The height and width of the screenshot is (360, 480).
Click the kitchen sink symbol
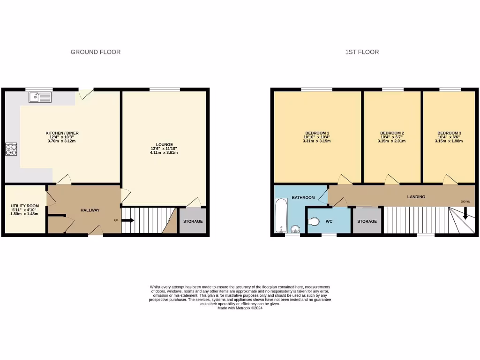click(40, 97)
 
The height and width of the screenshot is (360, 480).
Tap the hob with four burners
click(11, 149)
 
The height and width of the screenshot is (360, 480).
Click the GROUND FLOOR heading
click(96, 52)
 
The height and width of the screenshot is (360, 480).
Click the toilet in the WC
click(313, 221)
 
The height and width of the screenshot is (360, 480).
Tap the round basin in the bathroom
click(295, 229)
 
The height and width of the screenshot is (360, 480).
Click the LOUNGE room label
click(165, 144)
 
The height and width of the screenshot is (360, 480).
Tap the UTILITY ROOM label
click(25, 206)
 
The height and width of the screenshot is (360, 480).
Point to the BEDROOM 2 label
click(392, 133)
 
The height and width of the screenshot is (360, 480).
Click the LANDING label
click(416, 197)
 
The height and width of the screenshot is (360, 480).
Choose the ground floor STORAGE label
click(193, 221)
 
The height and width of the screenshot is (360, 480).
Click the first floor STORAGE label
click(367, 221)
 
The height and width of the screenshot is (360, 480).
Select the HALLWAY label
click(90, 210)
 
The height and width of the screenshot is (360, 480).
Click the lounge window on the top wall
click(165, 90)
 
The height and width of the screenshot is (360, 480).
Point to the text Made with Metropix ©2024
click(240, 308)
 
